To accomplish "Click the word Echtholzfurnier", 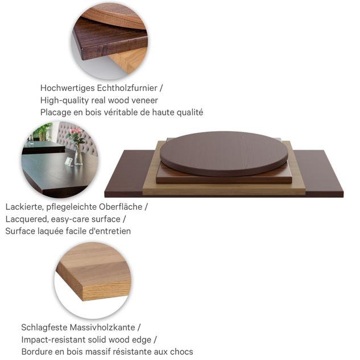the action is tap(127, 88).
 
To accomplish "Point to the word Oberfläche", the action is tap(121, 206).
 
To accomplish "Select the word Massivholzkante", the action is tap(102, 328).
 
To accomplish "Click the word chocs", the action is tap(181, 351).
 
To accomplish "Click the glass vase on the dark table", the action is tap(78, 155).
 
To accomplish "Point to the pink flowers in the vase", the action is tap(75, 134).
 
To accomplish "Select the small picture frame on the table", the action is tap(69, 162).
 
